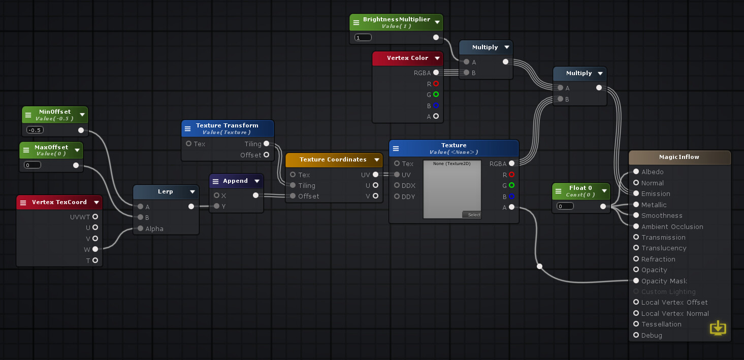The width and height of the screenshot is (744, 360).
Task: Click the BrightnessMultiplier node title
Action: [x=396, y=19]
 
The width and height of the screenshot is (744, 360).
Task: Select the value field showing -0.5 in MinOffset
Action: [x=35, y=130]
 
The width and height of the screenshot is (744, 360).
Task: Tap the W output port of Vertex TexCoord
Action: [x=95, y=249]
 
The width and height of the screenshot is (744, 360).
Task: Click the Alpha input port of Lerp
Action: [x=140, y=228]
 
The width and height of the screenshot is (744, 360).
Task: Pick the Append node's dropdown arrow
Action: [x=257, y=181]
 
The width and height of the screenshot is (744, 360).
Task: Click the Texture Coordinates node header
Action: [x=333, y=159]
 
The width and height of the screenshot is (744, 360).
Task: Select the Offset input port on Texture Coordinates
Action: [x=293, y=196]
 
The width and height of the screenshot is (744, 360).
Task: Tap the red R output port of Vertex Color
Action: [x=436, y=84]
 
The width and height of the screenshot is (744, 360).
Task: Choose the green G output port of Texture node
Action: [x=511, y=185]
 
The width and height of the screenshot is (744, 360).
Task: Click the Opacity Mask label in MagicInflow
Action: [x=664, y=281]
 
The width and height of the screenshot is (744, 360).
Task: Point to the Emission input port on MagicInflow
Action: [x=636, y=193]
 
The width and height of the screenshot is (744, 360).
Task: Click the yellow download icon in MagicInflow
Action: [x=718, y=328]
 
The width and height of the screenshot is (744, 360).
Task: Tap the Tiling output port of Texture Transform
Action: [x=266, y=144]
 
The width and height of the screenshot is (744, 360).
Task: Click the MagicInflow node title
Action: [x=679, y=157]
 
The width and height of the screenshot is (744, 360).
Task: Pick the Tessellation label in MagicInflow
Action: [x=661, y=324]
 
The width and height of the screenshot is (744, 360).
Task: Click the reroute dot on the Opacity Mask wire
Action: [x=539, y=266]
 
